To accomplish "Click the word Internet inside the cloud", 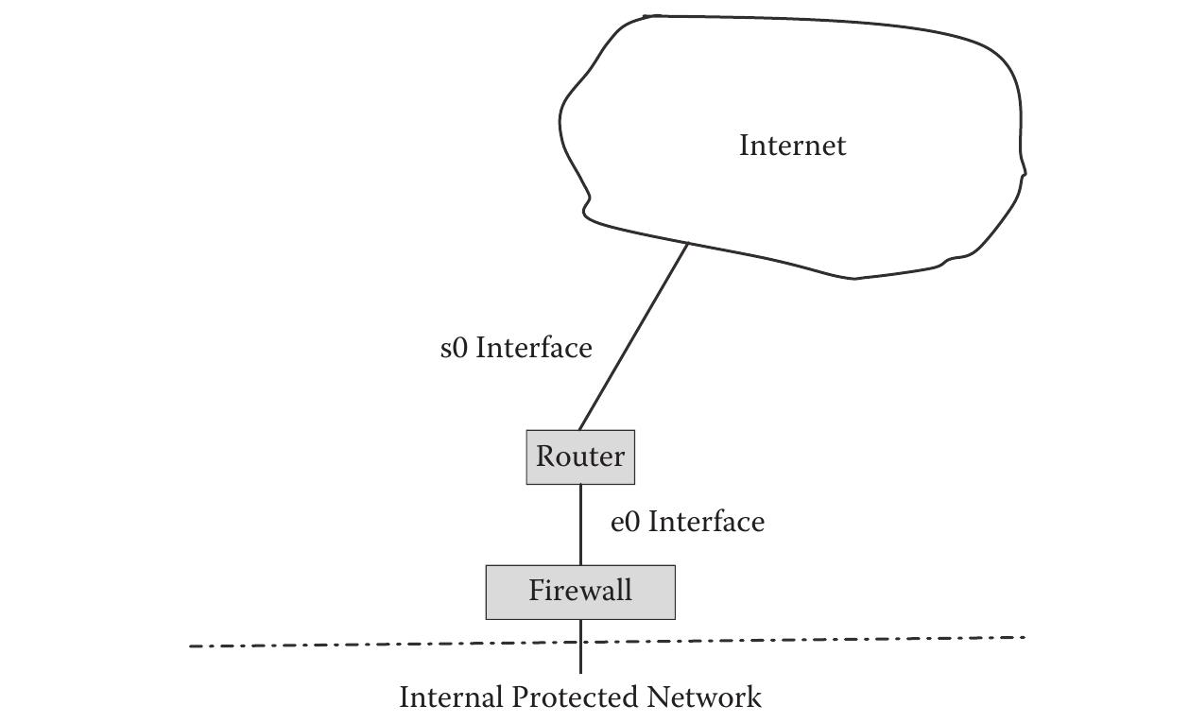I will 792,146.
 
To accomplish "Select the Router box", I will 580,457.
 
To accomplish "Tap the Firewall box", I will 580,593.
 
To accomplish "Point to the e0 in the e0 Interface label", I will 625,523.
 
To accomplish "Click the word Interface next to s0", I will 534,349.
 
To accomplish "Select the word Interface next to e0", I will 706,523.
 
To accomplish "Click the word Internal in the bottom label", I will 452,697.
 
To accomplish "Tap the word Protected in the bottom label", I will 576,697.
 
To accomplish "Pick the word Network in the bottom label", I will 704,697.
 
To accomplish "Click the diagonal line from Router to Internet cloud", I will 633,336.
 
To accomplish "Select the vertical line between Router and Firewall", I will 580,525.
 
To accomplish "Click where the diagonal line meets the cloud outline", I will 688,244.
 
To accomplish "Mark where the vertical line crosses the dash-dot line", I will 580,644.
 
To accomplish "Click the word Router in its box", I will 580,456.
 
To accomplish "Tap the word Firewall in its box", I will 580,591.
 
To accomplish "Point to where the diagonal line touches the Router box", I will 579,430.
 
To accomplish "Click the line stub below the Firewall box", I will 580,658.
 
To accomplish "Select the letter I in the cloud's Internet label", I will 744,146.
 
